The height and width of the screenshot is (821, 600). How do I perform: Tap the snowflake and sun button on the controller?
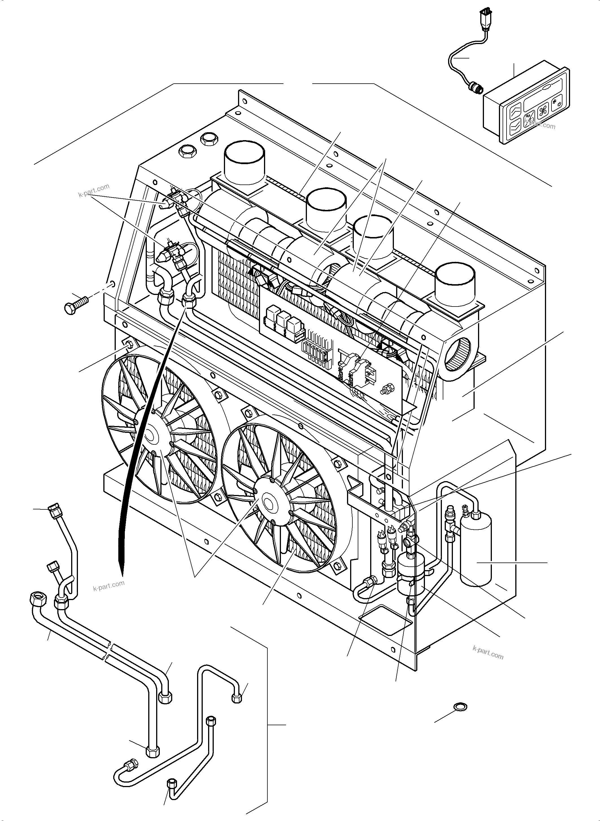pos(557,104)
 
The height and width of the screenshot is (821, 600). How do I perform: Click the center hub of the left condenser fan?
pos(150,435)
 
